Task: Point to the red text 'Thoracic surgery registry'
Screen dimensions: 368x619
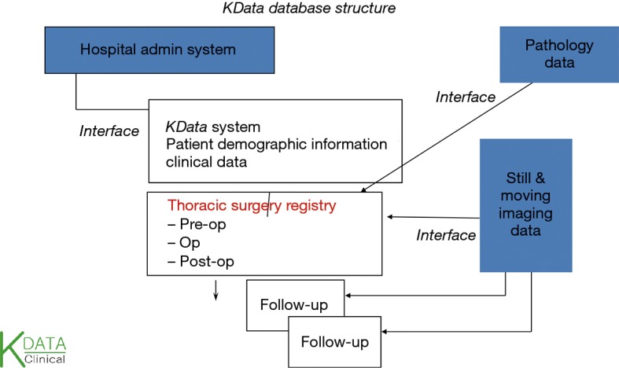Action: pos(252,206)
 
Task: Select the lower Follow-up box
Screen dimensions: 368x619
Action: pos(336,343)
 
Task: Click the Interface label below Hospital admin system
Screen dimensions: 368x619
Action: pos(109,131)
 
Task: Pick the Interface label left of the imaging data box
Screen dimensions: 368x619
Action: pos(446,235)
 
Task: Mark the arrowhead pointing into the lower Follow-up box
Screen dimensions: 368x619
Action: pos(385,331)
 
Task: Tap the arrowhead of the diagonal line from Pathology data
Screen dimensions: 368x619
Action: pos(360,191)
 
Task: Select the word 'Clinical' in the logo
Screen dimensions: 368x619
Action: pos(46,359)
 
